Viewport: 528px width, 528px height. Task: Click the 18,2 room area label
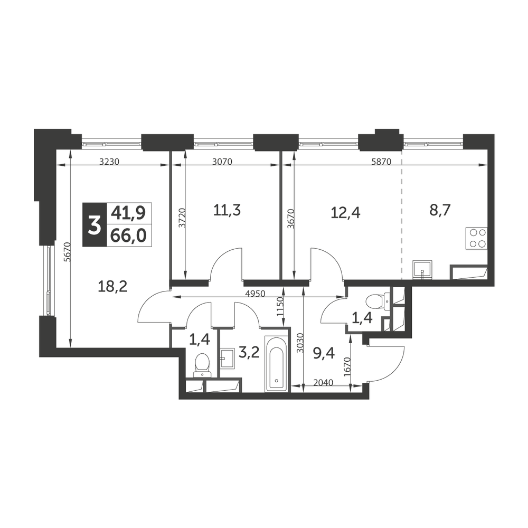click(112, 287)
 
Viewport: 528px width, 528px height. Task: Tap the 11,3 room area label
click(227, 211)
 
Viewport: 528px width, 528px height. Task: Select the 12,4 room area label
click(345, 213)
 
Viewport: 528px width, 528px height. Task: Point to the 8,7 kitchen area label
click(440, 211)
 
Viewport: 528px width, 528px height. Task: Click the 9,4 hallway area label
click(324, 354)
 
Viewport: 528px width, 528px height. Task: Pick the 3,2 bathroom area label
click(249, 352)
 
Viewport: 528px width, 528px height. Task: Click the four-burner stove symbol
click(476, 239)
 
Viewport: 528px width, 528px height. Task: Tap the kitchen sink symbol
click(422, 269)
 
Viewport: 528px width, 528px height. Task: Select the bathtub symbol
click(277, 364)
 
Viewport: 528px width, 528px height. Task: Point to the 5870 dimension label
click(381, 162)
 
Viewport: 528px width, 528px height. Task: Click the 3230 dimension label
click(109, 162)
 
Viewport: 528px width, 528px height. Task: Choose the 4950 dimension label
click(255, 294)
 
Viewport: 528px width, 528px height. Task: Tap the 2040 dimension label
click(323, 383)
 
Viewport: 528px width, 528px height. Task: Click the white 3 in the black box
click(95, 225)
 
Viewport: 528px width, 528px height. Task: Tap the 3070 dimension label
click(222, 162)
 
